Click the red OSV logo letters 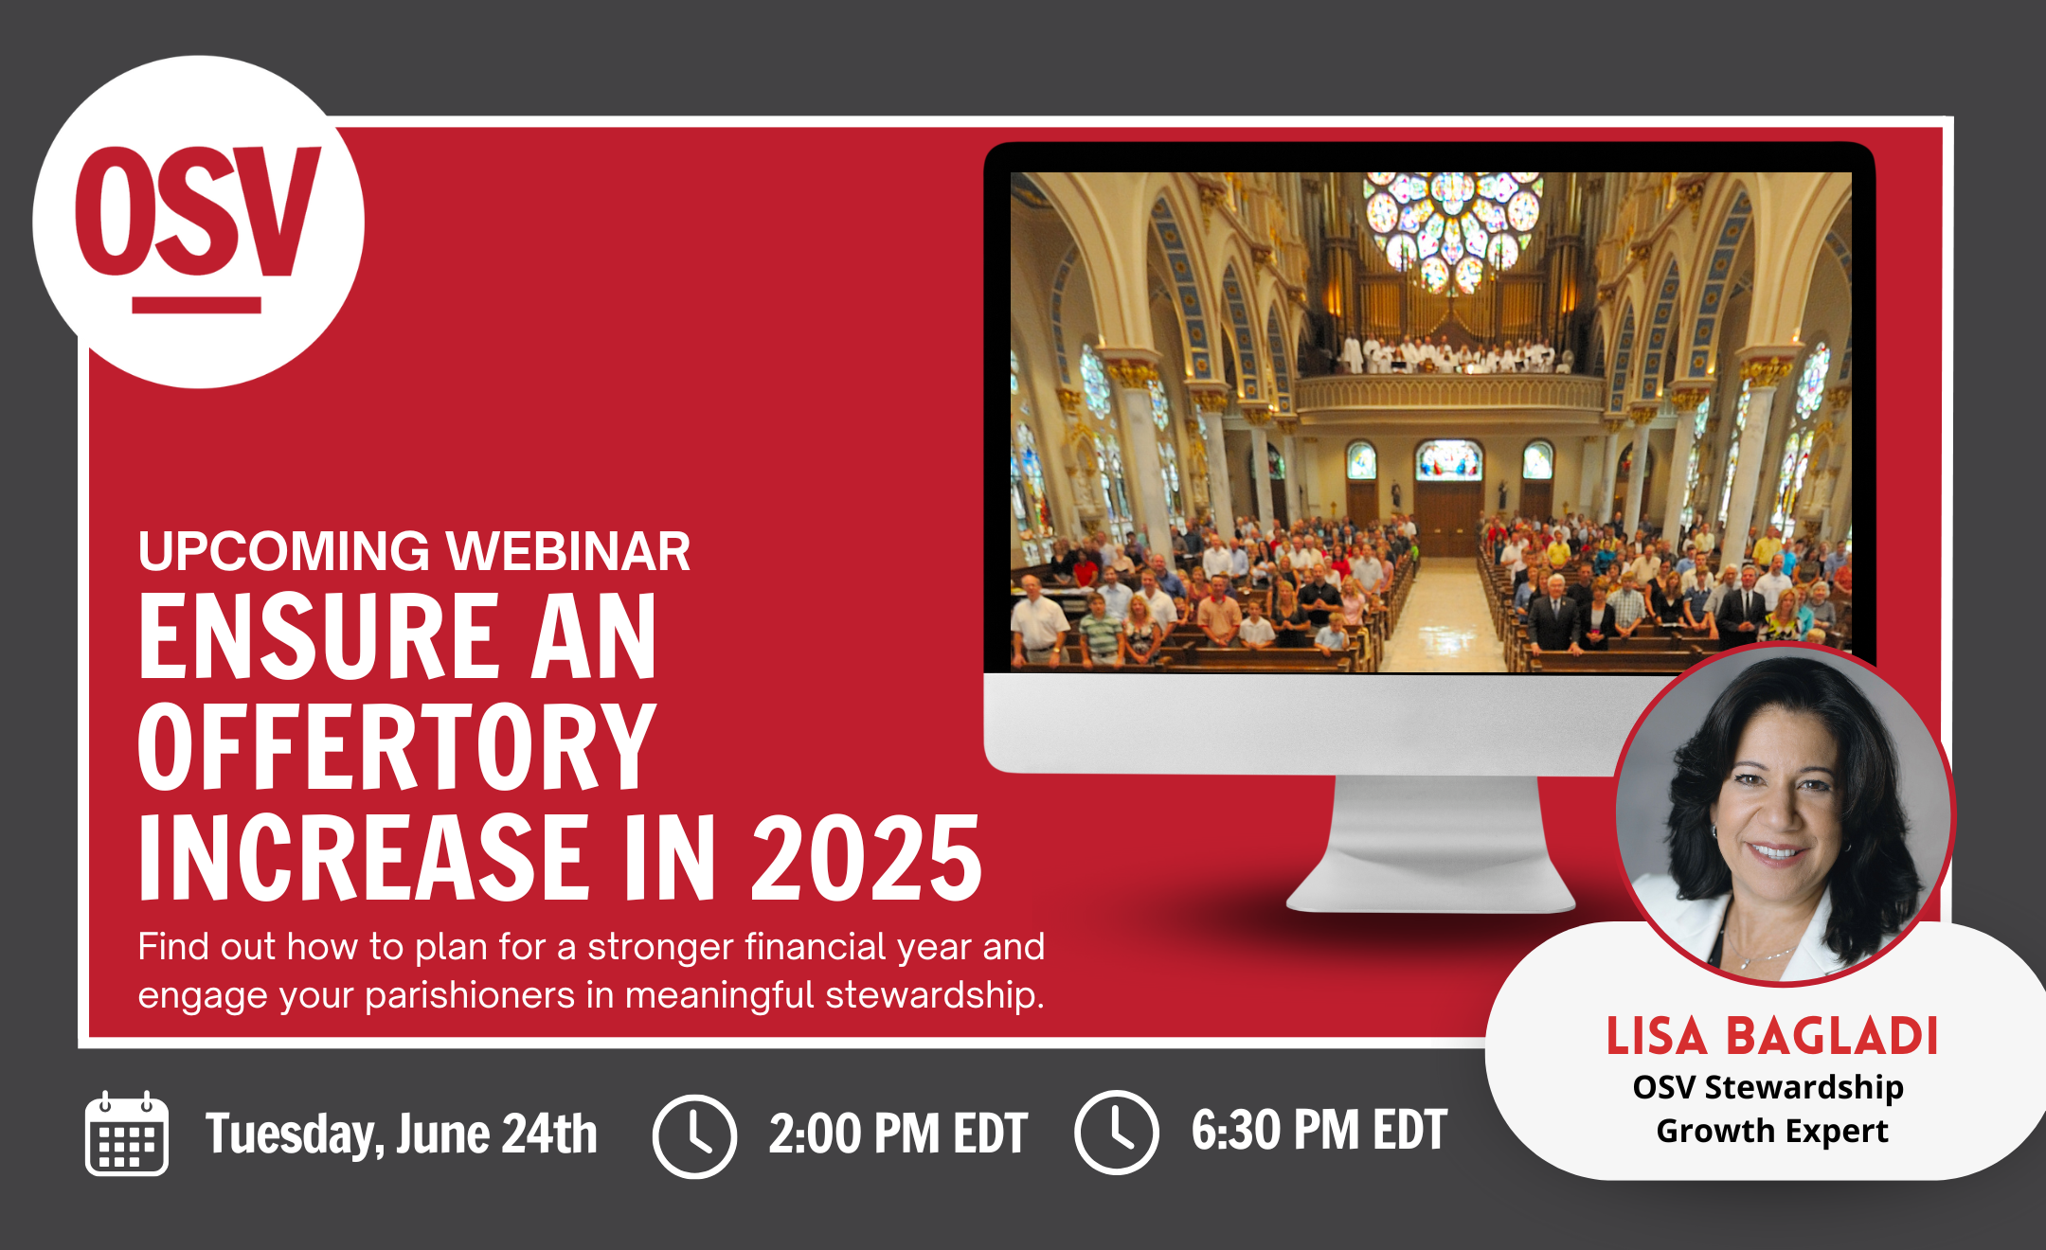click(198, 210)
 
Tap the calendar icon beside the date click(127, 1134)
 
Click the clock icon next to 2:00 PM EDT click(694, 1135)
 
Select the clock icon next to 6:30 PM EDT click(1117, 1133)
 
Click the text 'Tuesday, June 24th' click(402, 1134)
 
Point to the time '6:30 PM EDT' click(1319, 1130)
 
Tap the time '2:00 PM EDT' click(898, 1134)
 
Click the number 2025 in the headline click(867, 858)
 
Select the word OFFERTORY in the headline click(398, 747)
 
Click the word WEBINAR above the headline click(568, 551)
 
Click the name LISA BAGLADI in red click(1772, 1036)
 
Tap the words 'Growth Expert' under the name click(1772, 1131)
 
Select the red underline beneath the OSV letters click(197, 305)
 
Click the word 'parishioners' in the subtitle click(470, 996)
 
